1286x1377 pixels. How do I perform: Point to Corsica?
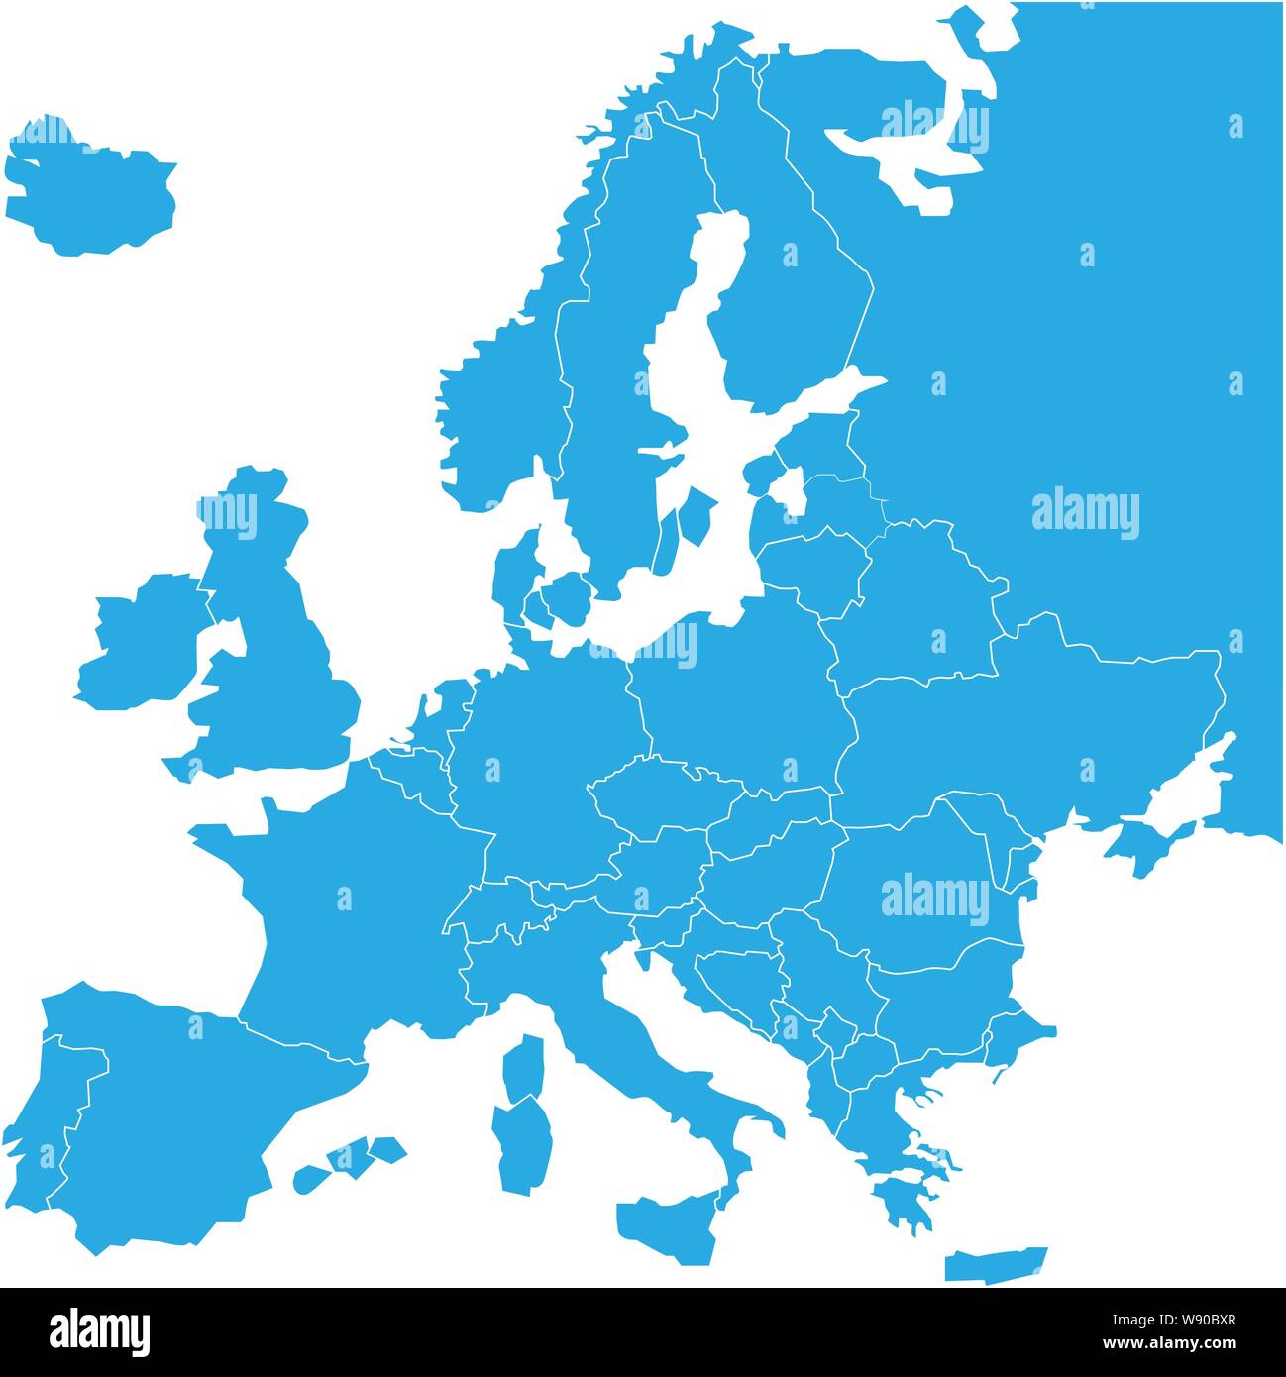click(x=524, y=1066)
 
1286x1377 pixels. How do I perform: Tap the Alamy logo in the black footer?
click(x=99, y=1331)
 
